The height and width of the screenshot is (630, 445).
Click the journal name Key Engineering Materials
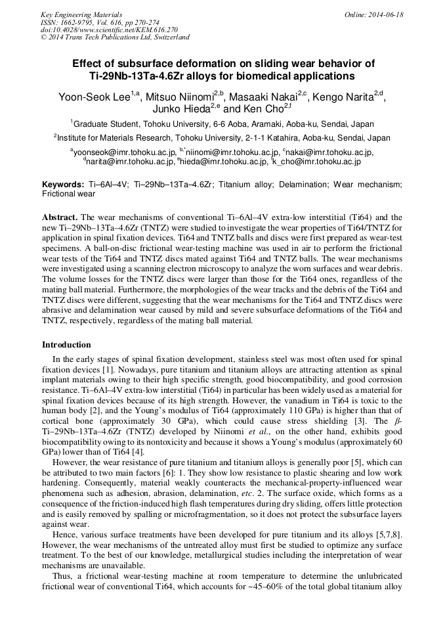point(81,14)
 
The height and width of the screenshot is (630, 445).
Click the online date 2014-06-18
point(385,14)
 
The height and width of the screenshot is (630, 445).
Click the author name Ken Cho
point(262,110)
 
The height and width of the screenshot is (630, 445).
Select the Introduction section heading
point(66,345)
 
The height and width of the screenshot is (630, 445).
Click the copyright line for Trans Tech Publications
point(115,37)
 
